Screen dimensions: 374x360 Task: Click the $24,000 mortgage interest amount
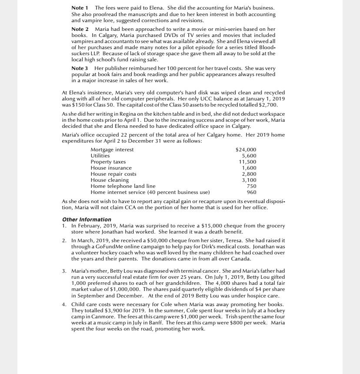coord(246,150)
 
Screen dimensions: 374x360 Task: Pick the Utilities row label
coord(100,155)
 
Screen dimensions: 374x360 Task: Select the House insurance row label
coord(111,167)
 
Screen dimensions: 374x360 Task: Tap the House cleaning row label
coord(110,180)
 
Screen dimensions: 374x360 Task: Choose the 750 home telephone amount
coord(251,186)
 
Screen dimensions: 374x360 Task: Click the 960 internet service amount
coord(251,192)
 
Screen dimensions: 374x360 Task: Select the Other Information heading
coord(87,220)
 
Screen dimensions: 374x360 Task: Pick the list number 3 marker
coord(64,271)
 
